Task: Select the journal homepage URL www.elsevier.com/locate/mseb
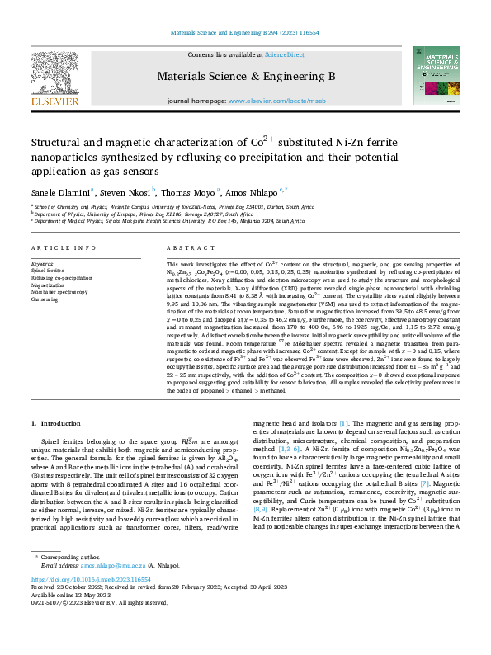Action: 276,101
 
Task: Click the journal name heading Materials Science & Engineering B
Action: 245,76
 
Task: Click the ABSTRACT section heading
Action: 185,248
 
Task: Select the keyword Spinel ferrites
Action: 48,270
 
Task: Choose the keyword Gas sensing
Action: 45,299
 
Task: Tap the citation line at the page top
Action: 245,32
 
